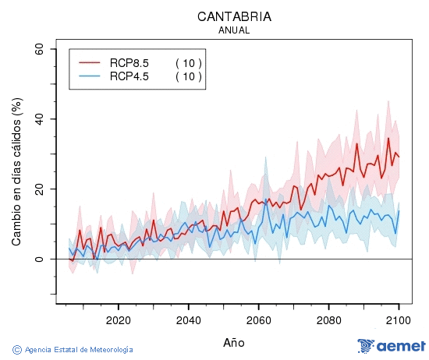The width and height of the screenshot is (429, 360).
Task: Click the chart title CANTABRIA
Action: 234,16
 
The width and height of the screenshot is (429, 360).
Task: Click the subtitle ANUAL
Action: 234,30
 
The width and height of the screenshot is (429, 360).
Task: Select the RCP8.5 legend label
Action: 129,62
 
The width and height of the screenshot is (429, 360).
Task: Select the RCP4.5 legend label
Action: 129,76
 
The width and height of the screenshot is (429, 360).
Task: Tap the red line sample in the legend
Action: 90,62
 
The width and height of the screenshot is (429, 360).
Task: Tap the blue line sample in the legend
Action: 90,76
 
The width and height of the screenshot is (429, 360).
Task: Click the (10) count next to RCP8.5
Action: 188,62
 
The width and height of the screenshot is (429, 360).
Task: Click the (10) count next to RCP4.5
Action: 188,76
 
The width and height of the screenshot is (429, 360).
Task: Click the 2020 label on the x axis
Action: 118,319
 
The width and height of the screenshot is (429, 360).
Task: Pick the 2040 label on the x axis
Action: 188,319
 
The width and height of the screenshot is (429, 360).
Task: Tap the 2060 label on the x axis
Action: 258,319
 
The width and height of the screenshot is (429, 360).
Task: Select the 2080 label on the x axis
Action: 328,319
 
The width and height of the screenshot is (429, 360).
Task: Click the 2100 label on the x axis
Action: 398,319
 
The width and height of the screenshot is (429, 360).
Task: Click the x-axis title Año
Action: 234,342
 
